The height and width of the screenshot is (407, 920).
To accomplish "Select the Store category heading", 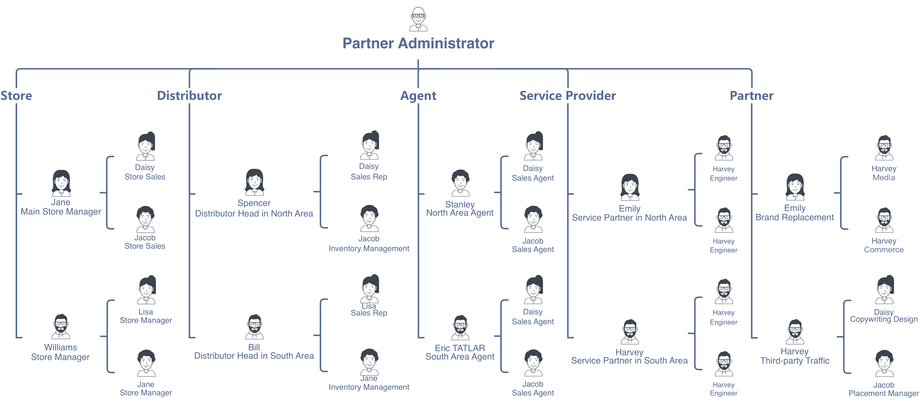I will click(16, 96).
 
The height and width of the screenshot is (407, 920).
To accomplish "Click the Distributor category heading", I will click(189, 96).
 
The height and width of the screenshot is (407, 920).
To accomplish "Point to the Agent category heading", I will click(418, 96).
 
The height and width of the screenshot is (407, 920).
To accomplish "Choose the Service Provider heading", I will click(568, 96).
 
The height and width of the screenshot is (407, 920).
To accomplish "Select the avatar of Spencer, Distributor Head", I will click(254, 182).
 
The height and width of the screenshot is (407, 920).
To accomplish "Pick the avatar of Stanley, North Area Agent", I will click(460, 183).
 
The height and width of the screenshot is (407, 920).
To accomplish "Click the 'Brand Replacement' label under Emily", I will click(795, 217).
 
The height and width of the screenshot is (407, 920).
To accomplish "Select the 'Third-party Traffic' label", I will click(795, 361).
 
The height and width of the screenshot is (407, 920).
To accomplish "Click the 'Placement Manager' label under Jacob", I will click(884, 393).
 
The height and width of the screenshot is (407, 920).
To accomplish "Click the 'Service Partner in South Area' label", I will click(629, 361).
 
